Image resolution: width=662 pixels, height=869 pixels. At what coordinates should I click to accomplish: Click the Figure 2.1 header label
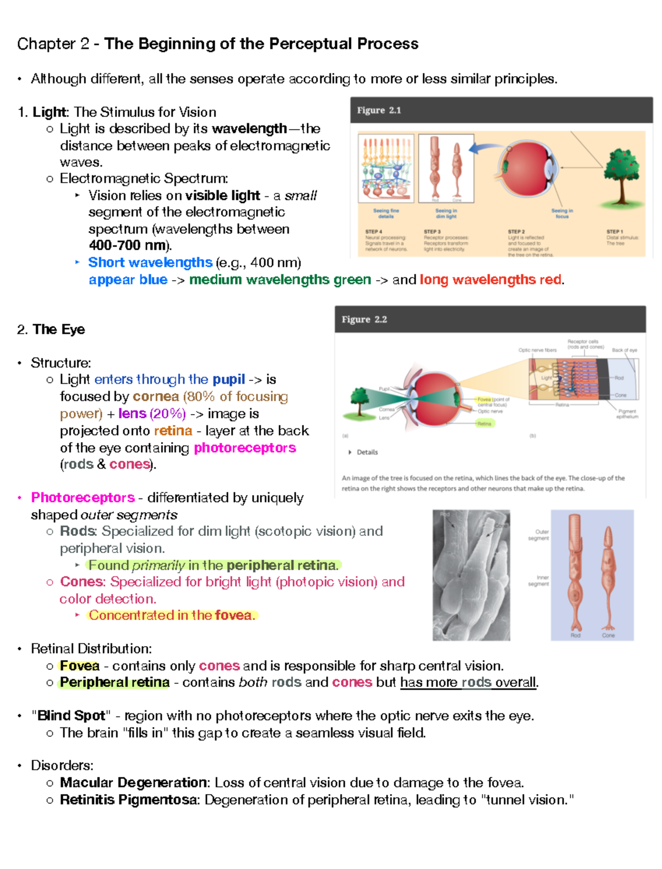[379, 110]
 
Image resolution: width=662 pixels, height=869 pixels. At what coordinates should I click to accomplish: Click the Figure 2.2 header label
[364, 319]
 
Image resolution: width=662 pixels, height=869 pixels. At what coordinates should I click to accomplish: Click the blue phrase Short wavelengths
[150, 262]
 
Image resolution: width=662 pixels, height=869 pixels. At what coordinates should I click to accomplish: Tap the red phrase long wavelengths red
[490, 280]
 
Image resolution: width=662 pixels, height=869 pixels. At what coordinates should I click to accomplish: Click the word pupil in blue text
[228, 379]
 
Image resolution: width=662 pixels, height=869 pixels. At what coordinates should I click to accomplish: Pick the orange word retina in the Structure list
[173, 431]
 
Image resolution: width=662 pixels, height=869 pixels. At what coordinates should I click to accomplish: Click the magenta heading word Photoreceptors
[83, 497]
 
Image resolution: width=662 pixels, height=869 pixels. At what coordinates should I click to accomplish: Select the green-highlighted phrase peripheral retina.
[281, 565]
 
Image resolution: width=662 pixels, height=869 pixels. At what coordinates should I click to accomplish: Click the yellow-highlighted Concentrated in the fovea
[172, 615]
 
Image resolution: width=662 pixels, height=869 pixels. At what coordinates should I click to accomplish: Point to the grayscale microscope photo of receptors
[471, 575]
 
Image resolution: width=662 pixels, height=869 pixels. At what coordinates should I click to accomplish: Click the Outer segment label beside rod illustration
[539, 535]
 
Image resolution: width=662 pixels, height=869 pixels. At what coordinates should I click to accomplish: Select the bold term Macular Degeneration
[134, 783]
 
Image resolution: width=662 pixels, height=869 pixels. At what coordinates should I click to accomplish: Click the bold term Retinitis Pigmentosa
[129, 800]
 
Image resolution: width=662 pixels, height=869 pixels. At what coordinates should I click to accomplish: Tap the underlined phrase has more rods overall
[468, 683]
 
